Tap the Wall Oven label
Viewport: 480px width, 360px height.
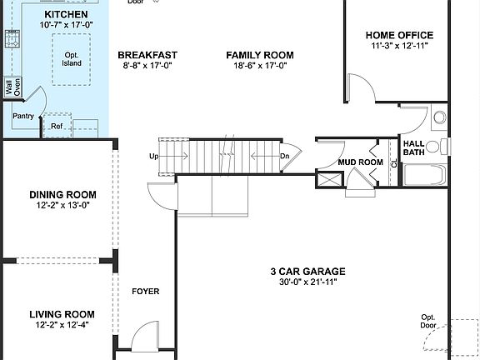tap(12, 87)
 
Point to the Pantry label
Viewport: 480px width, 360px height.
tap(23, 116)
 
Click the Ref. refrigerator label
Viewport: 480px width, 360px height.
tap(57, 127)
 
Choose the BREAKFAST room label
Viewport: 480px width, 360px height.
tap(147, 56)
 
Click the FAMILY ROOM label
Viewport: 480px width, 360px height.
tap(260, 56)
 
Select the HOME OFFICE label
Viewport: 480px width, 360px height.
tap(399, 35)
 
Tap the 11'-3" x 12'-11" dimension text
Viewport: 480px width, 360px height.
tap(399, 47)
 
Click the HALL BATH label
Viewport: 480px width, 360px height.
tap(414, 147)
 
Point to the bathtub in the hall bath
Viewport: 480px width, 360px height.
tap(424, 176)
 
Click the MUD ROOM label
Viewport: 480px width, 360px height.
tap(360, 162)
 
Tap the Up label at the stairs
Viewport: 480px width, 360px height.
tap(154, 156)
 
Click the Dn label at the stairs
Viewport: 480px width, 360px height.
tap(284, 156)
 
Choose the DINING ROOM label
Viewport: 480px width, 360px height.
tap(58, 194)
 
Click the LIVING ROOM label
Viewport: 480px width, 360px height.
tap(62, 314)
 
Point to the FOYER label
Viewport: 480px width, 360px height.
tap(146, 292)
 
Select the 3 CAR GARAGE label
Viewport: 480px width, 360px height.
tap(307, 272)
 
